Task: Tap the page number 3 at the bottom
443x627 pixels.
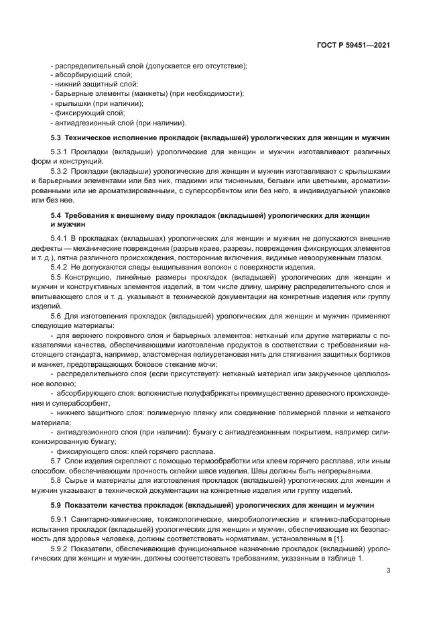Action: pos(389,571)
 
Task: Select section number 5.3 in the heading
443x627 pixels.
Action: pos(56,137)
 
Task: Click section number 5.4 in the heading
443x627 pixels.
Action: pos(56,216)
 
